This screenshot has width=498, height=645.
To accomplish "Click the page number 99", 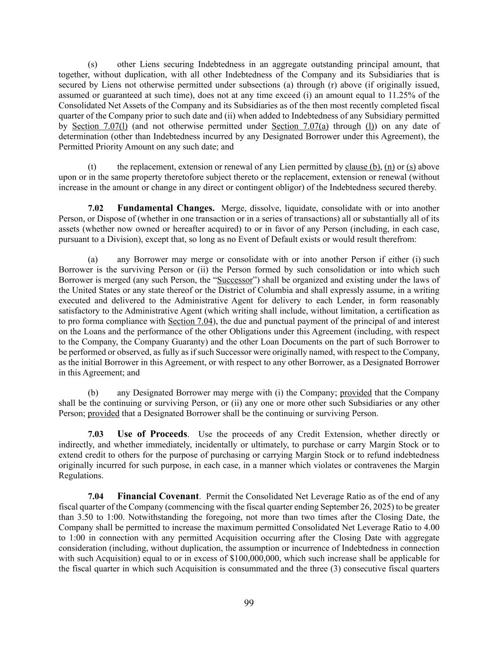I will pyautogui.click(x=249, y=602).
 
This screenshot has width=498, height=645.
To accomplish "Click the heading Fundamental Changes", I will pyautogui.click(x=166, y=208).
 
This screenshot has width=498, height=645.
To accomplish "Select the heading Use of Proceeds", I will pyautogui.click(x=152, y=434).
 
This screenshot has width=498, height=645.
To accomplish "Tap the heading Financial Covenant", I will pyautogui.click(x=158, y=497).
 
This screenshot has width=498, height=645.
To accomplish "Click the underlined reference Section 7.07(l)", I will pyautogui.click(x=100, y=126).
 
